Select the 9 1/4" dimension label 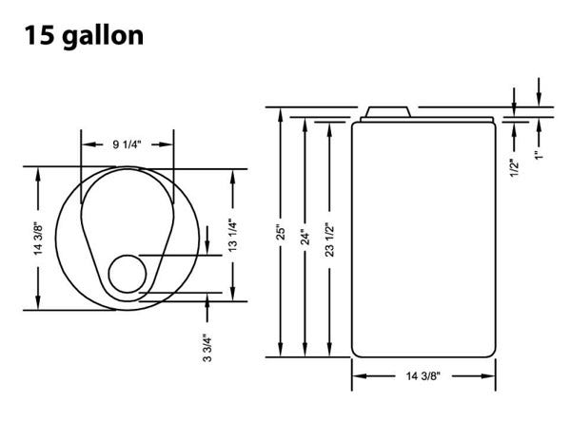[128, 144]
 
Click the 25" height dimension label [282, 232]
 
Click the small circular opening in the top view [126, 274]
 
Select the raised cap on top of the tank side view [388, 112]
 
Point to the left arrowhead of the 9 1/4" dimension [85, 144]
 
